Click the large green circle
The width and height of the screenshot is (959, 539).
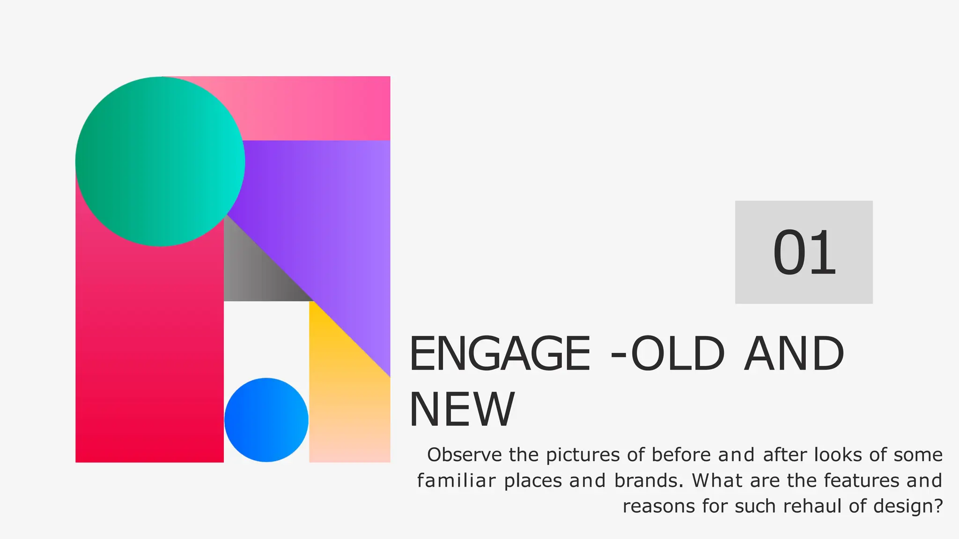160,161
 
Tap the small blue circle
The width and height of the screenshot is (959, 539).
266,420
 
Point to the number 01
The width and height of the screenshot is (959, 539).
804,253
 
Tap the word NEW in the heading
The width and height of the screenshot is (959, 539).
462,410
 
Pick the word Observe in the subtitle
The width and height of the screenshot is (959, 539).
465,455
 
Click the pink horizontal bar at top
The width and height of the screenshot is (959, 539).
318,108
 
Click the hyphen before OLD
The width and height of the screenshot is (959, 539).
619,357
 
